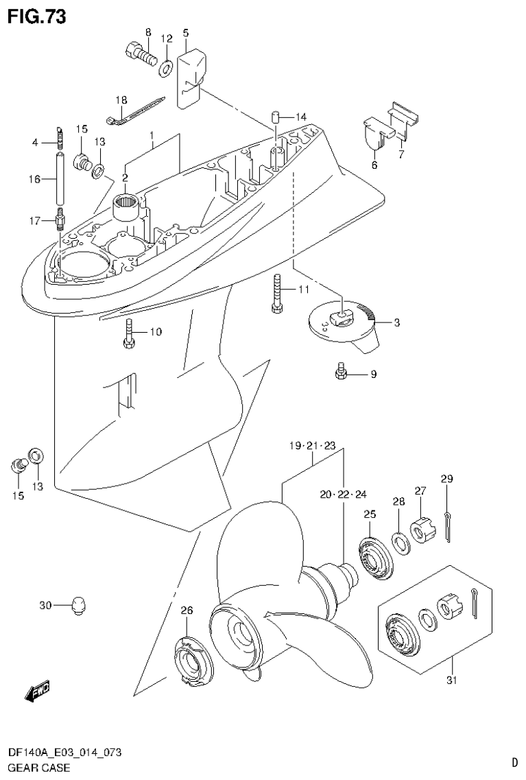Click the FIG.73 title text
[x=36, y=16]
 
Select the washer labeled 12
[x=165, y=69]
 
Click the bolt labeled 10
[x=130, y=333]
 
